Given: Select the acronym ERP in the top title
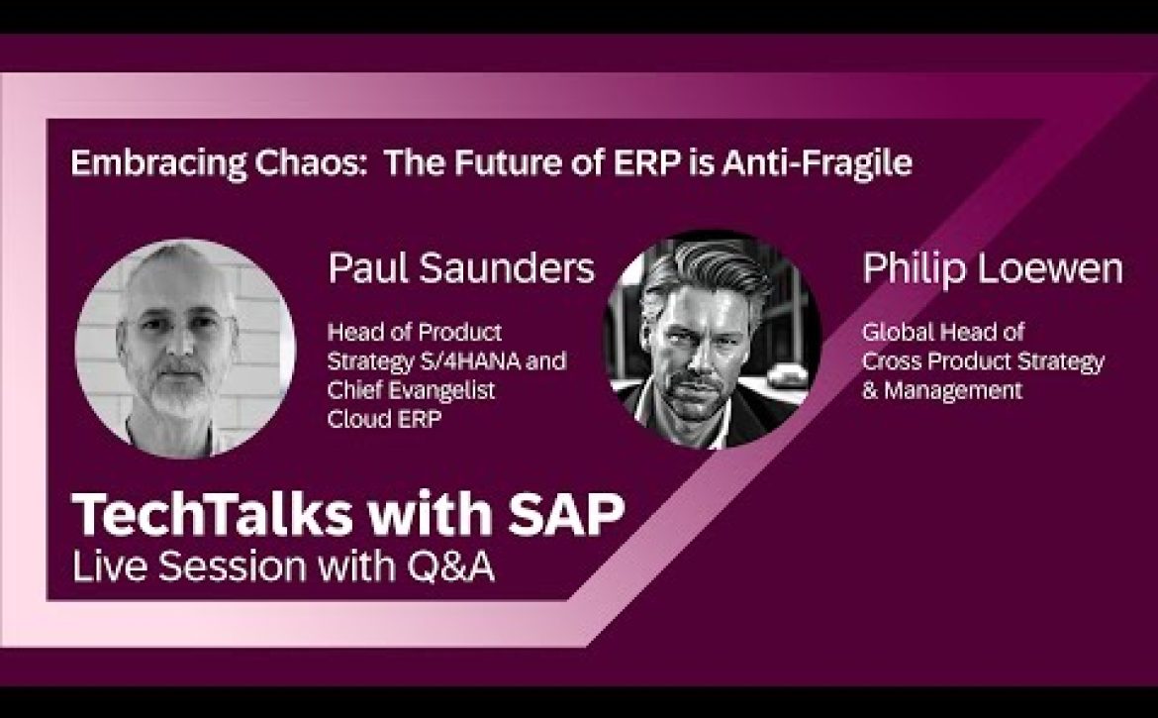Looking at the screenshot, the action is (646, 162).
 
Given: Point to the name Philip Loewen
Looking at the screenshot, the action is (993, 269).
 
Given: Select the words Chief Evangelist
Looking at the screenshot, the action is (411, 390).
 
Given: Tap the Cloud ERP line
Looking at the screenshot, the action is (384, 419).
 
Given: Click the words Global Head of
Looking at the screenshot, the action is (942, 332).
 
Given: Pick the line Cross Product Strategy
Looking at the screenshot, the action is (983, 361).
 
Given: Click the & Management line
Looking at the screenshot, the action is (942, 390).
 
